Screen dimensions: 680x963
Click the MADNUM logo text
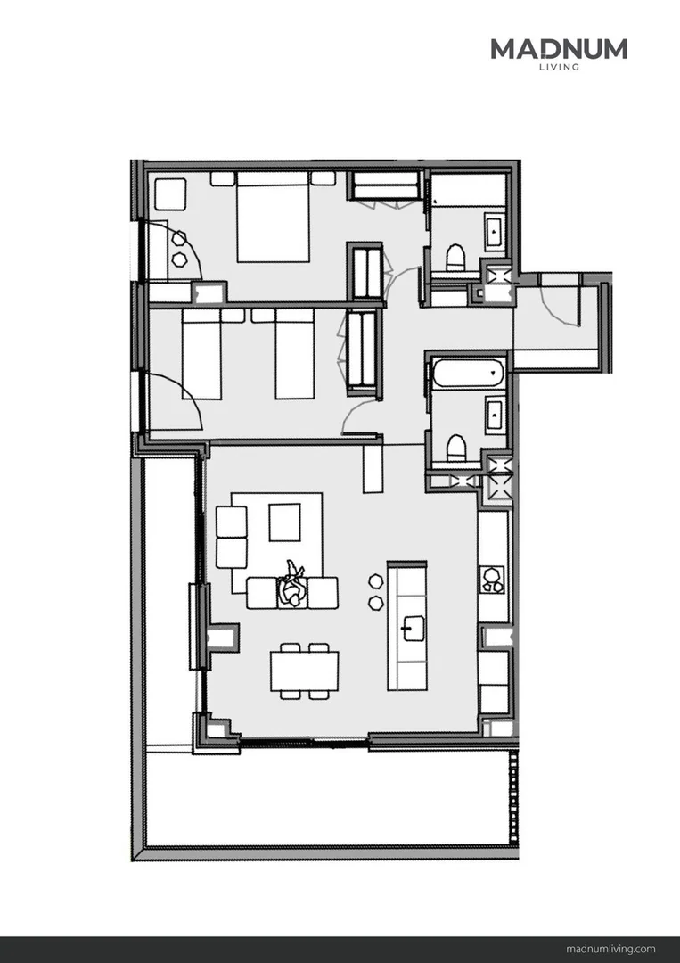pos(559,49)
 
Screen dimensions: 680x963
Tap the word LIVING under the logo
pos(559,67)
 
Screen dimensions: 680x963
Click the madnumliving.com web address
pos(610,949)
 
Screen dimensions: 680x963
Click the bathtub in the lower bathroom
pos(468,374)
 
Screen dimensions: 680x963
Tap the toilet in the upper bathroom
pos(455,258)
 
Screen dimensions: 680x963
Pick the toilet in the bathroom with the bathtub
pos(455,448)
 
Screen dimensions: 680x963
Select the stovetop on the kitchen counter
pos(492,580)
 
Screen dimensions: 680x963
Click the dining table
pos(305,671)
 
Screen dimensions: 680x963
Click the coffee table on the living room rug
pos(285,522)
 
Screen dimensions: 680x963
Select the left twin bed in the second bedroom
pos(201,354)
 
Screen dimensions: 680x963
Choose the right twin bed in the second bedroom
pos(295,354)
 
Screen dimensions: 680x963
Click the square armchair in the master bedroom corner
pos(170,194)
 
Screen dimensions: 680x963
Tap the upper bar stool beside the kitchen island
pos(376,580)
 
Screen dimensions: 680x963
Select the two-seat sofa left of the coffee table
pos(232,538)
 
